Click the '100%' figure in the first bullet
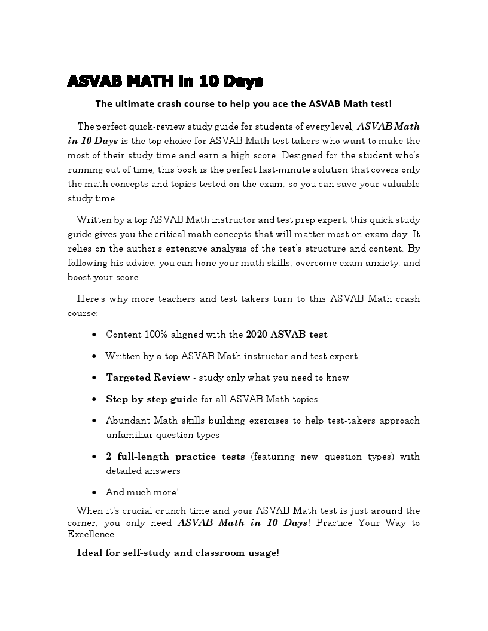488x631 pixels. coord(157,335)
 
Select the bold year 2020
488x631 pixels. coord(257,335)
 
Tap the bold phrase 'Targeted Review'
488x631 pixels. coord(148,378)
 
